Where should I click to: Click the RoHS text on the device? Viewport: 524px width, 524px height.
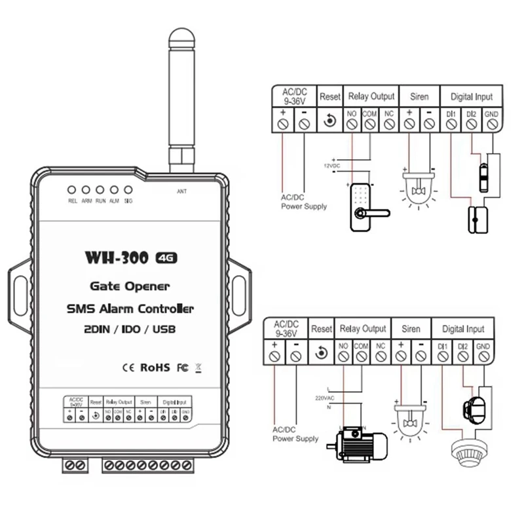[x=155, y=367]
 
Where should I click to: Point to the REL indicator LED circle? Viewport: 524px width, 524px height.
[x=72, y=190]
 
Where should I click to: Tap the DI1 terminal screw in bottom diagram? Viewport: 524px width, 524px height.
[x=443, y=356]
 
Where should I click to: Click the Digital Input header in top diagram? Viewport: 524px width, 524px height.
[x=471, y=96]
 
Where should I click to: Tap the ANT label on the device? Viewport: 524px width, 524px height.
[x=182, y=192]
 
